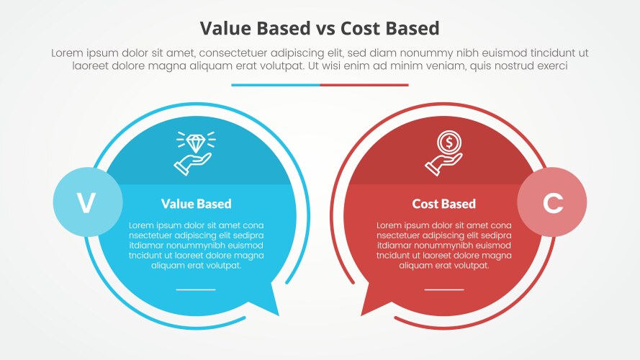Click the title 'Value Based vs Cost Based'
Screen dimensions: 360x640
click(320, 28)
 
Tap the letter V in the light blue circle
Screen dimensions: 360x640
click(86, 204)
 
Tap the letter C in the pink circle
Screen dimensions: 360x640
click(552, 204)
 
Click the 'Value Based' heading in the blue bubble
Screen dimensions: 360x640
click(196, 204)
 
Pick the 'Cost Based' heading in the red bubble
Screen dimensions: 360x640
click(443, 204)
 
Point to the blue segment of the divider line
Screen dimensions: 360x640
click(276, 85)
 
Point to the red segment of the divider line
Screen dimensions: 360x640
click(364, 85)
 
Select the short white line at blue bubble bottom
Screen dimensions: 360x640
click(196, 289)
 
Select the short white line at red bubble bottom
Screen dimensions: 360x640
click(443, 289)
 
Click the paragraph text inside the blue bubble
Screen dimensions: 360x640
click(196, 245)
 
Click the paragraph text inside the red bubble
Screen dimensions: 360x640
click(443, 245)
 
